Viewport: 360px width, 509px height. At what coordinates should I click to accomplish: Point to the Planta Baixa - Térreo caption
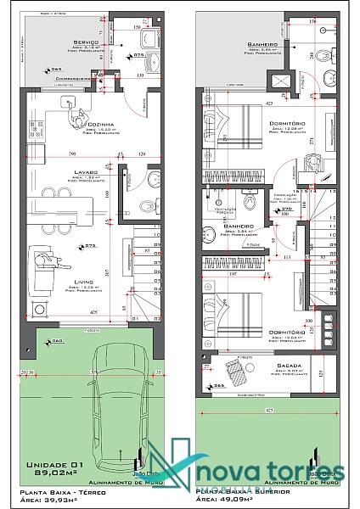tap(67, 492)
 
